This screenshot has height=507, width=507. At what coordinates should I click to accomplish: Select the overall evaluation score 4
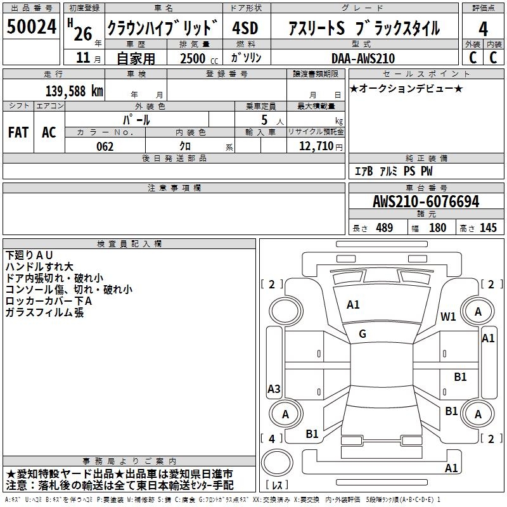click(483, 29)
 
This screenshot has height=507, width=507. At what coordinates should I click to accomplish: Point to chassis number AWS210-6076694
click(425, 202)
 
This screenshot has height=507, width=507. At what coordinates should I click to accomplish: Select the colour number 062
click(105, 146)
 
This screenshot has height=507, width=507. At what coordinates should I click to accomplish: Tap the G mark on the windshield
click(363, 334)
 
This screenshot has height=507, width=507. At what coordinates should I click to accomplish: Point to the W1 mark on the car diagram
click(449, 317)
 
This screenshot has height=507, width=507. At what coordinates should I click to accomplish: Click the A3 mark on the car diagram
click(274, 389)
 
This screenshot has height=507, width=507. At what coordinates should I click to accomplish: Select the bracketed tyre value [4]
click(272, 439)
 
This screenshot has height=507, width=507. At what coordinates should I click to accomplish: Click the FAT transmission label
click(18, 132)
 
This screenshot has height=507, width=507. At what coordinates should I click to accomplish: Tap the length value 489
click(384, 228)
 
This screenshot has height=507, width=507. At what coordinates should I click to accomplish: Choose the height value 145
click(488, 228)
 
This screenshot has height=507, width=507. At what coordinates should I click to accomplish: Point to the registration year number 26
click(82, 34)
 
